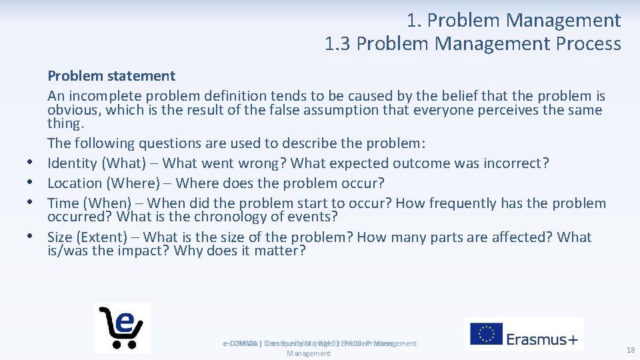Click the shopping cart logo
point(123,327)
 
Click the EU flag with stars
point(486,334)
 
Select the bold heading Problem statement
point(111,76)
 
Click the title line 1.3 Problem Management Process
point(473,44)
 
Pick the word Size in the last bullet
point(61,237)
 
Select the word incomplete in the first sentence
point(101,96)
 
